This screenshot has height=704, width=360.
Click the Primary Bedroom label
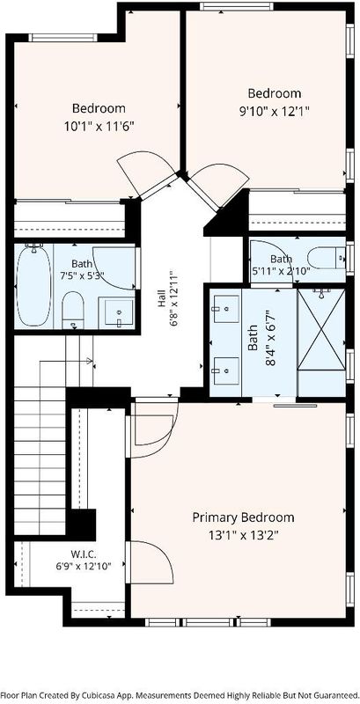pos(243,517)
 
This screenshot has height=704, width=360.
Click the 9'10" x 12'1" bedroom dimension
pos(275,111)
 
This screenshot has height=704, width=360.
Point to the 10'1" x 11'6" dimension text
pos(99,126)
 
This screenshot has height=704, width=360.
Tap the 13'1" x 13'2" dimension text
pos(243,535)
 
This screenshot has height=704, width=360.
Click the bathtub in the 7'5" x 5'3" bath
pos(33,284)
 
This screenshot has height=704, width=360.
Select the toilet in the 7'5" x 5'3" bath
pos(73,310)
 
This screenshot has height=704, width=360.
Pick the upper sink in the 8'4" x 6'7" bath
pos(226,309)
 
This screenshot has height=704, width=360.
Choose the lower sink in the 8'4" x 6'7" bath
pos(226,370)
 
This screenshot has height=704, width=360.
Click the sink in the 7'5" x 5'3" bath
pos(119,313)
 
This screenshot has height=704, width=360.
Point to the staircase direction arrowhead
pos(89,361)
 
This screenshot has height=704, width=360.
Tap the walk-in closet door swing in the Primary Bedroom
pos(151,562)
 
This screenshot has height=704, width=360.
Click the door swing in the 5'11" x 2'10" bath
pos(273,261)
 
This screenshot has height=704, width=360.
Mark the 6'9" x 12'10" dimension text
pos(84,566)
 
